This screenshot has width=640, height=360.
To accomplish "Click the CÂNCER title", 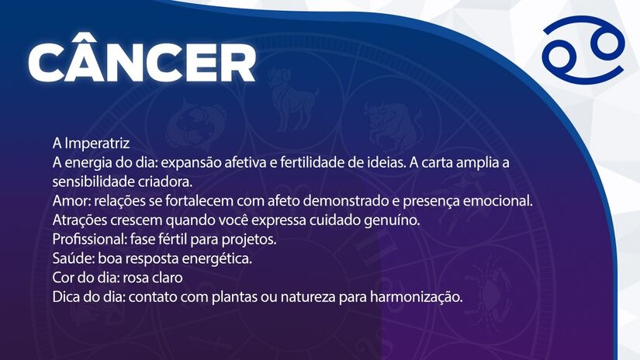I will click(142, 62).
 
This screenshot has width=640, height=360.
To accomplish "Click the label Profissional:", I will click(88, 239).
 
